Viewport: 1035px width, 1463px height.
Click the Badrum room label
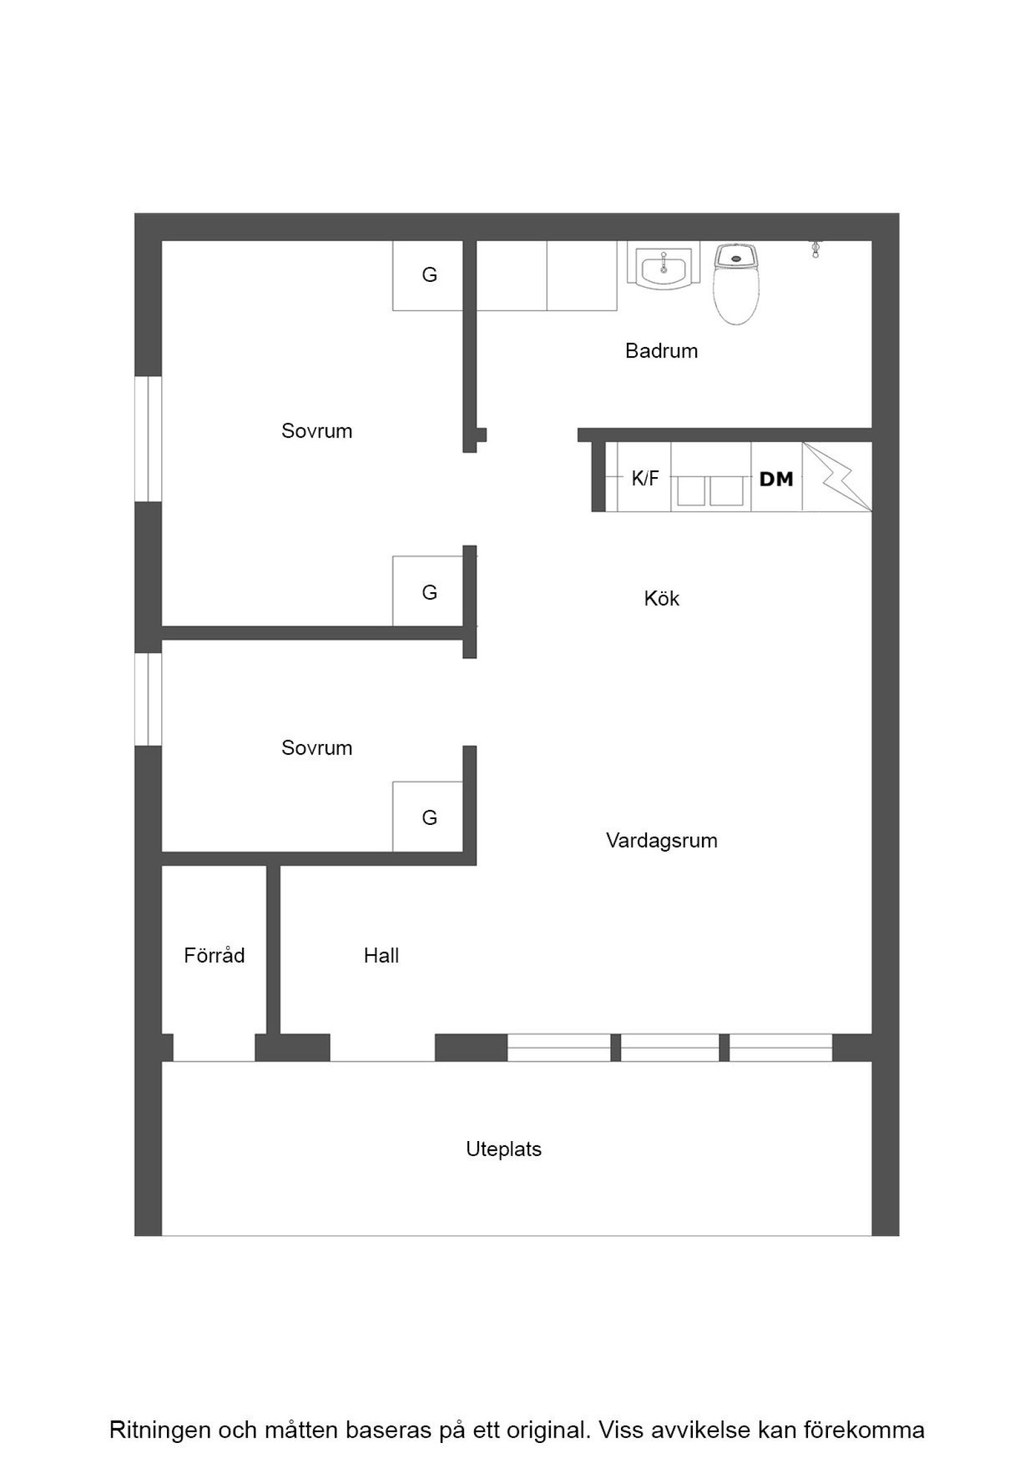click(x=661, y=351)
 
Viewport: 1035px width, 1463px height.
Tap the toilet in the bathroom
click(x=736, y=283)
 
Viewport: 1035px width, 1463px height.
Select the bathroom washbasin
click(x=663, y=265)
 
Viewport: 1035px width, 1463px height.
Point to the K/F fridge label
click(x=645, y=478)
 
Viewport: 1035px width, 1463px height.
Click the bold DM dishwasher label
click(x=776, y=479)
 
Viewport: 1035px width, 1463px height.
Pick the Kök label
click(x=661, y=598)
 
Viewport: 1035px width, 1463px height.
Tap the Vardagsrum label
click(x=661, y=840)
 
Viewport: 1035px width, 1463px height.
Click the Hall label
click(x=381, y=956)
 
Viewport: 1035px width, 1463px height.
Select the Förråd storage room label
click(x=214, y=955)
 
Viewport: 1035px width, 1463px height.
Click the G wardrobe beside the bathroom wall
click(x=429, y=275)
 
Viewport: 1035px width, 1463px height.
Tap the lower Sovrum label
click(x=316, y=748)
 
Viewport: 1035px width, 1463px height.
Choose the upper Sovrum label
click(x=316, y=431)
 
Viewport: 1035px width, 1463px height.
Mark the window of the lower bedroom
click(x=148, y=699)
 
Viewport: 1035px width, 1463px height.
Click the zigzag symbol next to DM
click(x=837, y=476)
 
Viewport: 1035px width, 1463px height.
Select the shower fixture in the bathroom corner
click(x=815, y=250)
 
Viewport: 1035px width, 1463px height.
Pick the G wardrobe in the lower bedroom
click(x=429, y=817)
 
